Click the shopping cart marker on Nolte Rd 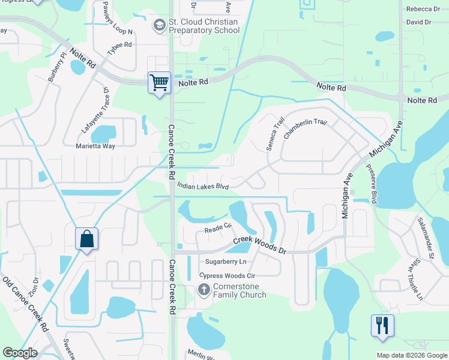(159, 83)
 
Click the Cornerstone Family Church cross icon (203, 290)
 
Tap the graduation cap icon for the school (159, 26)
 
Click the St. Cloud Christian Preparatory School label (204, 26)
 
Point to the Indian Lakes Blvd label (204, 187)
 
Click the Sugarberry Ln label (226, 262)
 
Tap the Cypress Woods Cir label (226, 275)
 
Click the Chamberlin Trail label (305, 129)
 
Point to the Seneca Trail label (276, 133)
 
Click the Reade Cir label (218, 229)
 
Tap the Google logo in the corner (20, 353)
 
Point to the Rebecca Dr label (423, 9)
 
